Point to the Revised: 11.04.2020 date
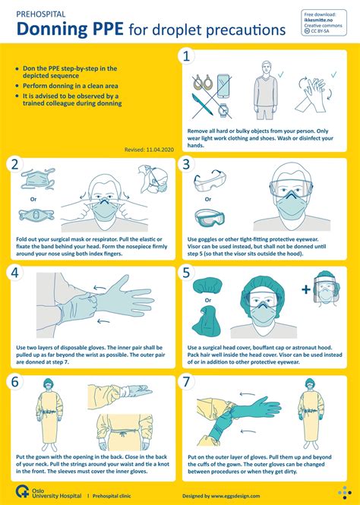(x=149, y=150)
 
